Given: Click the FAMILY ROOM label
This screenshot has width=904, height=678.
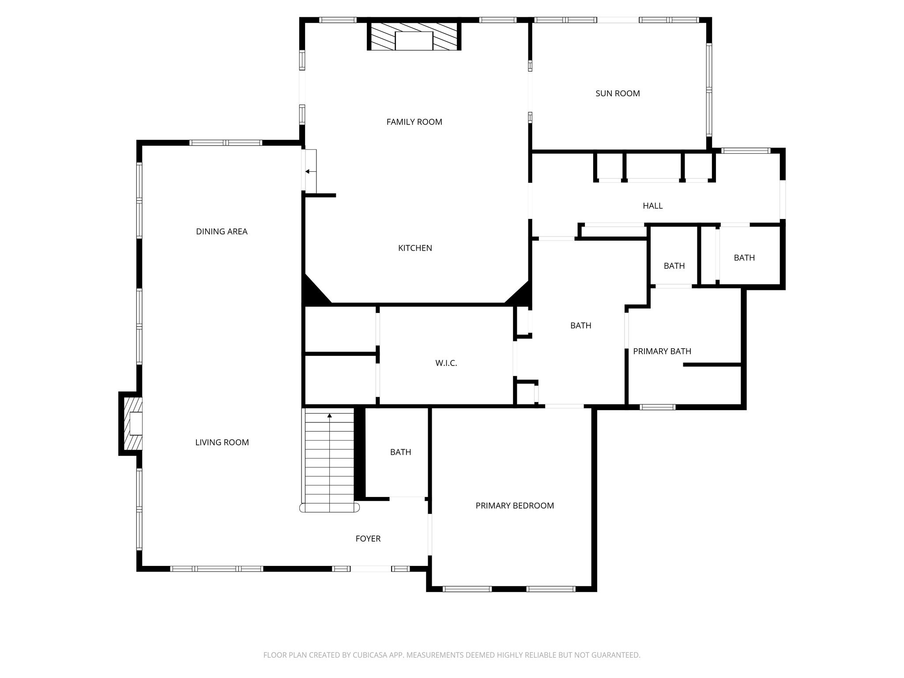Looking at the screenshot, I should click(x=414, y=122).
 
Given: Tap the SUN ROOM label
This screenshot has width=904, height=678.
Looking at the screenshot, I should click(x=618, y=94).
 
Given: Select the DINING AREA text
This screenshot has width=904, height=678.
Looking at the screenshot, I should click(x=222, y=232).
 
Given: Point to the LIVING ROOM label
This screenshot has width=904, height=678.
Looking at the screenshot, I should click(x=222, y=443).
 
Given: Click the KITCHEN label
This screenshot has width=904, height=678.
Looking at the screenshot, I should click(x=415, y=249).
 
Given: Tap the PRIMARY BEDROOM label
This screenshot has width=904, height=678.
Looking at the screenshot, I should click(x=515, y=506).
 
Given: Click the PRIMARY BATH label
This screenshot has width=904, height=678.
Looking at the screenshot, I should click(x=662, y=352).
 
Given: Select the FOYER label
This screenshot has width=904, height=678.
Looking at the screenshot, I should click(x=368, y=539).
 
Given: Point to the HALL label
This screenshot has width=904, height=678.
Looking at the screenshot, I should click(x=652, y=206).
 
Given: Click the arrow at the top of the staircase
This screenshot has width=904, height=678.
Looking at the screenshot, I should click(x=329, y=415).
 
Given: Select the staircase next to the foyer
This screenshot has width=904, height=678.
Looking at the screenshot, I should click(x=329, y=459).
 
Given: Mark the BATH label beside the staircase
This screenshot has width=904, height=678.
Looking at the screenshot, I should click(x=400, y=452).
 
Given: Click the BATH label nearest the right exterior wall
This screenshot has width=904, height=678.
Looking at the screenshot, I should click(x=744, y=258).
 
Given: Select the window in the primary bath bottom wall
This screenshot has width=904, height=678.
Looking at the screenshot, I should click(x=657, y=407).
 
